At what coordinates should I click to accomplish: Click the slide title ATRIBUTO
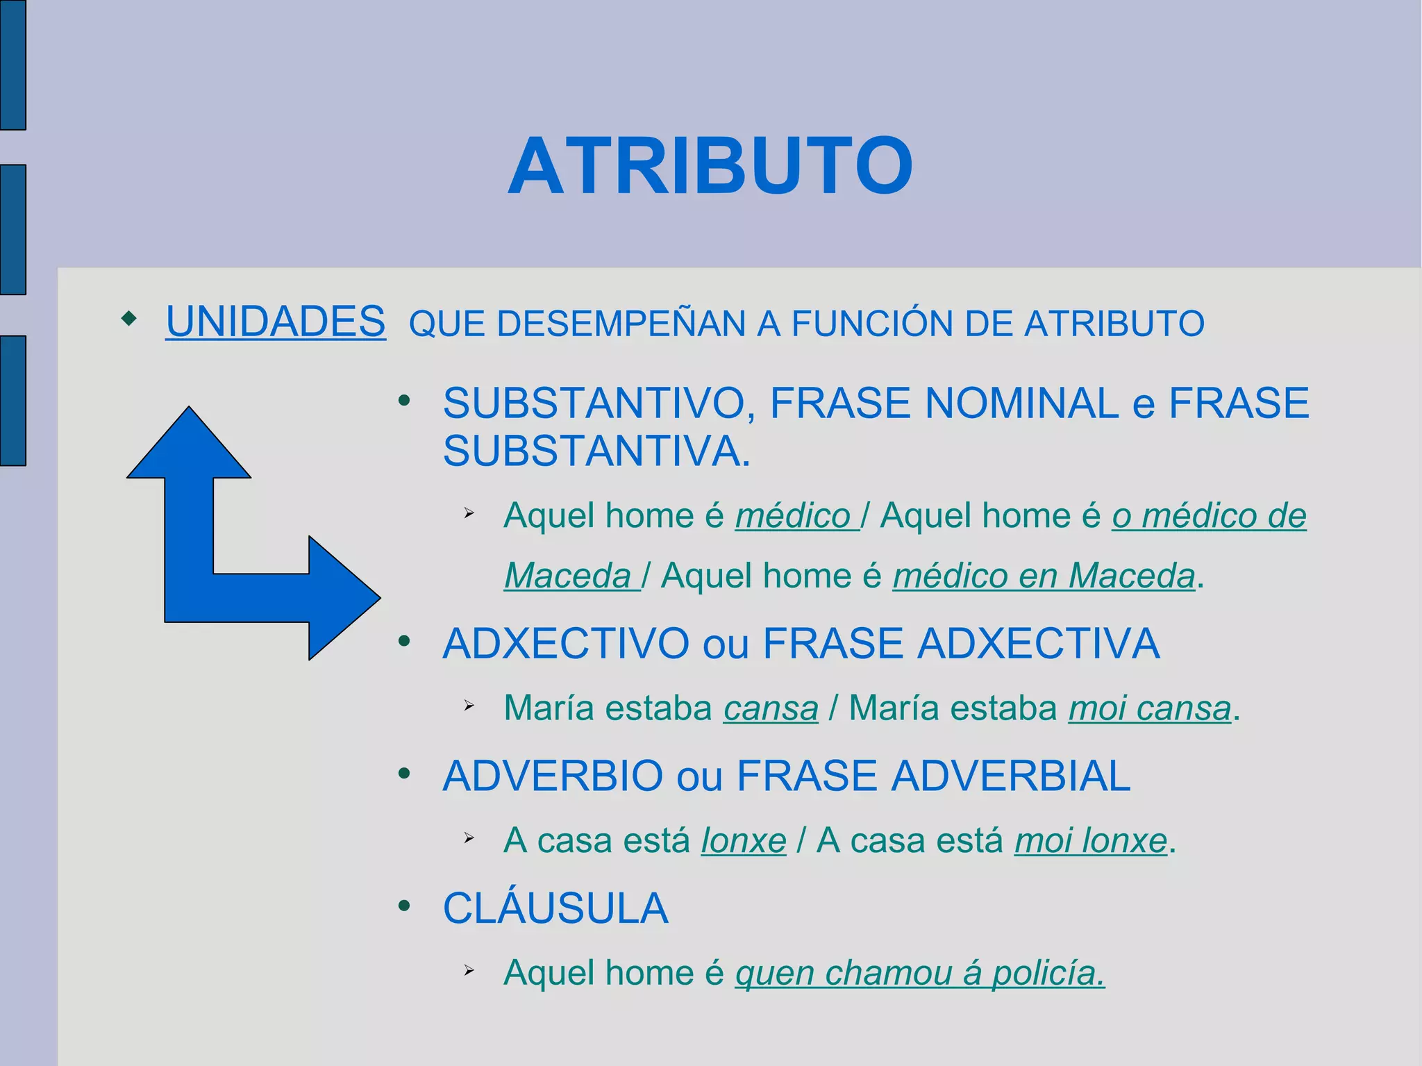(x=710, y=167)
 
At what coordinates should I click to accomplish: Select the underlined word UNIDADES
(x=275, y=322)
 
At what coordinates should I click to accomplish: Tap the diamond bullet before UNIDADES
(x=129, y=319)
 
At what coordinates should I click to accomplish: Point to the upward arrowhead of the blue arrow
(x=189, y=444)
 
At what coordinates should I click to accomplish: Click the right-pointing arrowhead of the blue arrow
(x=343, y=597)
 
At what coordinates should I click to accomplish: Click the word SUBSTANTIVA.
(x=596, y=451)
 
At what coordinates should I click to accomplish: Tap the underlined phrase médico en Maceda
(x=1044, y=576)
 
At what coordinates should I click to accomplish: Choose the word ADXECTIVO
(x=565, y=644)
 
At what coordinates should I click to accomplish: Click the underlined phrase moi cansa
(x=1149, y=708)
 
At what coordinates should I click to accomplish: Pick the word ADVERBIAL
(x=1010, y=776)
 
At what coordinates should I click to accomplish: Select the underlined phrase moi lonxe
(x=1090, y=841)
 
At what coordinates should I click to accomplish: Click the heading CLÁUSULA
(x=555, y=908)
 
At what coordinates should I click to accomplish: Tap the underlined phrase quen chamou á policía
(x=919, y=973)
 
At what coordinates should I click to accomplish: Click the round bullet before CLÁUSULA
(x=404, y=906)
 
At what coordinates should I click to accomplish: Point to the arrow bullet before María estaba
(x=469, y=706)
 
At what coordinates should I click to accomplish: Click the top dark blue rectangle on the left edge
(x=12, y=64)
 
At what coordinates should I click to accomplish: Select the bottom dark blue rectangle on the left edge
(x=12, y=401)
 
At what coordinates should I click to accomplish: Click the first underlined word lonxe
(x=743, y=841)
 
